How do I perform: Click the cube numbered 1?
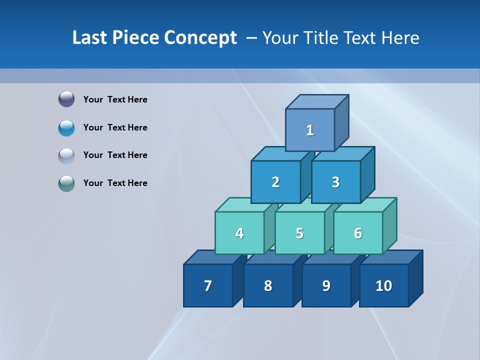[x=310, y=130]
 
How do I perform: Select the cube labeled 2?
[x=275, y=182]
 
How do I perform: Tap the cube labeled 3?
[x=335, y=182]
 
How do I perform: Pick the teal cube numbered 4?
[x=239, y=233]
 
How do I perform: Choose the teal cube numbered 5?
[x=299, y=233]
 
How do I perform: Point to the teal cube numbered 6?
[x=358, y=233]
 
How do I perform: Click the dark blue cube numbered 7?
[x=208, y=285]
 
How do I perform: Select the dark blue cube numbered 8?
[x=268, y=285]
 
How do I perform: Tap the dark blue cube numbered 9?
[x=326, y=285]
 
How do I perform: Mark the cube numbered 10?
[x=384, y=285]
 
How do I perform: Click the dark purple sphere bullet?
[x=66, y=99]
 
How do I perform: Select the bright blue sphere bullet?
[x=66, y=127]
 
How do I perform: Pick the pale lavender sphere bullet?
[x=66, y=155]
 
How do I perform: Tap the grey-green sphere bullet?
[x=66, y=183]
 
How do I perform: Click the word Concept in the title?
[x=200, y=38]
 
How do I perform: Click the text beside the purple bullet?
[x=115, y=99]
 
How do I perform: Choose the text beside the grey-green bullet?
[x=115, y=183]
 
